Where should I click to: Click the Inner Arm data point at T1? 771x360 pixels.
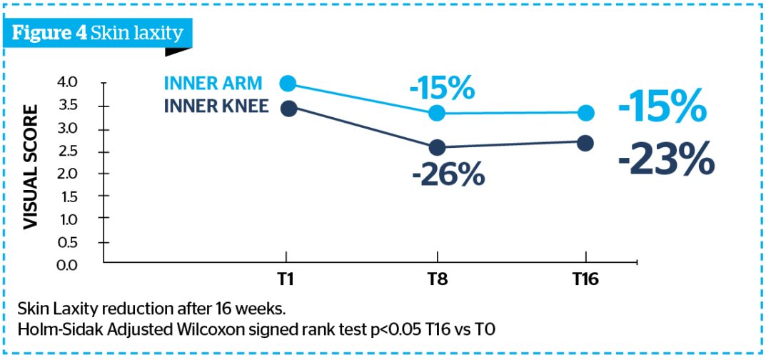[x=288, y=84]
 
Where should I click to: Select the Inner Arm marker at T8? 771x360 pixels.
[x=437, y=113]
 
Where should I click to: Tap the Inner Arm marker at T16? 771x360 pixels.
[x=585, y=113]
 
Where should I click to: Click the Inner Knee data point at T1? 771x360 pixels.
[x=288, y=108]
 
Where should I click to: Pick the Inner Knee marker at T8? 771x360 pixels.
[x=437, y=147]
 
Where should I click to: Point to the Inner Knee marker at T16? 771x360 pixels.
[x=585, y=144]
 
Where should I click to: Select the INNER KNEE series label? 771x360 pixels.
[x=216, y=106]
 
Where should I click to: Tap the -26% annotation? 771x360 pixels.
[x=448, y=174]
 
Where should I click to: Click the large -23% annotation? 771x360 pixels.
[x=665, y=159]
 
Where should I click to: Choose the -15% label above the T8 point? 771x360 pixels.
[x=442, y=89]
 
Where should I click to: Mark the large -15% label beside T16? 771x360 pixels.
[x=662, y=109]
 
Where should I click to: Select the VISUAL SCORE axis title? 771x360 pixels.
[x=31, y=167]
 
